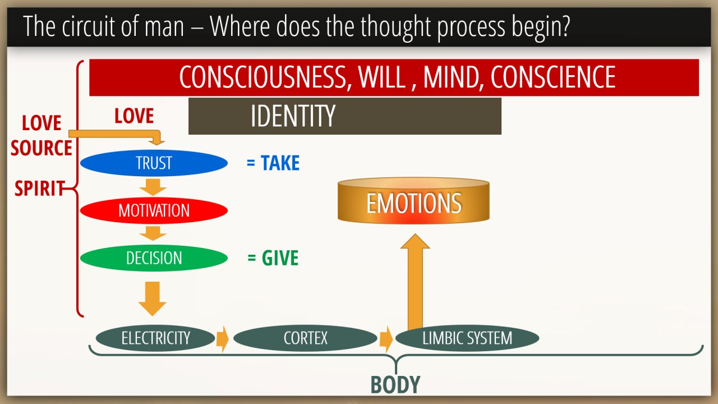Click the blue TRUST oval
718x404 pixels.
point(154,163)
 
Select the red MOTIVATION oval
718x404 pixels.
point(154,210)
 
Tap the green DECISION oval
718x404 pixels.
point(154,258)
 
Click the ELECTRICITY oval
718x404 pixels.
point(155,338)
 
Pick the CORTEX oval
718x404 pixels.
point(305,338)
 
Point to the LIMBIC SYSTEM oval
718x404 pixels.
point(467,338)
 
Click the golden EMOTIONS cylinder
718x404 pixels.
point(413,201)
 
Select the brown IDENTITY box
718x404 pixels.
point(345,116)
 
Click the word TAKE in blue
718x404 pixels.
point(280,163)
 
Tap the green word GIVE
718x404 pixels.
point(280,258)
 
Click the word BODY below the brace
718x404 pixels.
point(395,385)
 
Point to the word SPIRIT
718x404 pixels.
point(40,188)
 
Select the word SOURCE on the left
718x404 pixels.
point(42,148)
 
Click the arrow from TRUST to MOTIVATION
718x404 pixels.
point(153,187)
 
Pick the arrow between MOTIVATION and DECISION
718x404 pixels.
point(153,233)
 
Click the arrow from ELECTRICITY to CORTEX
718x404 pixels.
point(223,339)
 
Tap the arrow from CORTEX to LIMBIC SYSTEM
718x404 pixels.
point(386,339)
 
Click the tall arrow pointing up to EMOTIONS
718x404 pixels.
point(415,282)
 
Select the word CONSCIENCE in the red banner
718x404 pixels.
point(553,77)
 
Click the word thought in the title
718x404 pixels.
point(396,27)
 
